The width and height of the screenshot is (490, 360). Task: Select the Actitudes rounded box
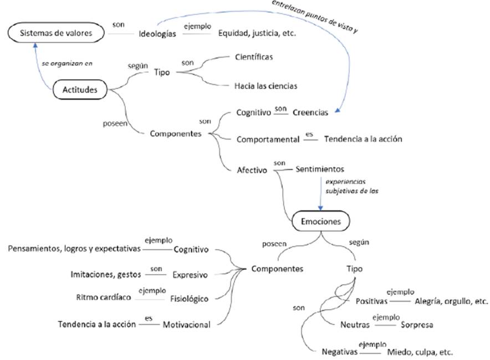click(80, 89)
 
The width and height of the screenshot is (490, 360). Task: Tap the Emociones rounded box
click(321, 222)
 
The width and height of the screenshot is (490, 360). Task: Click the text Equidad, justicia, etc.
click(257, 33)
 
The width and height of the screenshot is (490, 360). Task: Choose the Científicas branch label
click(254, 57)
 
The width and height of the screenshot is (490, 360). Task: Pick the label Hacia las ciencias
click(266, 86)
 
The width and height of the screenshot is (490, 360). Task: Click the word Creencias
click(310, 112)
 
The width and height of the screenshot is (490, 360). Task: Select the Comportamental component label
click(268, 140)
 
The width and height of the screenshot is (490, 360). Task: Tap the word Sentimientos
click(320, 168)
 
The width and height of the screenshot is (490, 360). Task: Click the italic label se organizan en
click(67, 63)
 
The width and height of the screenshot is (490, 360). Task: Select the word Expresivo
click(190, 274)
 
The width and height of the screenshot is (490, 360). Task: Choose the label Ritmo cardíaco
click(104, 297)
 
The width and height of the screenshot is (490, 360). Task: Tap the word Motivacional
click(187, 325)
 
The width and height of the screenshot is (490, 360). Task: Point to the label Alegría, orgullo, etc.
click(451, 301)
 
